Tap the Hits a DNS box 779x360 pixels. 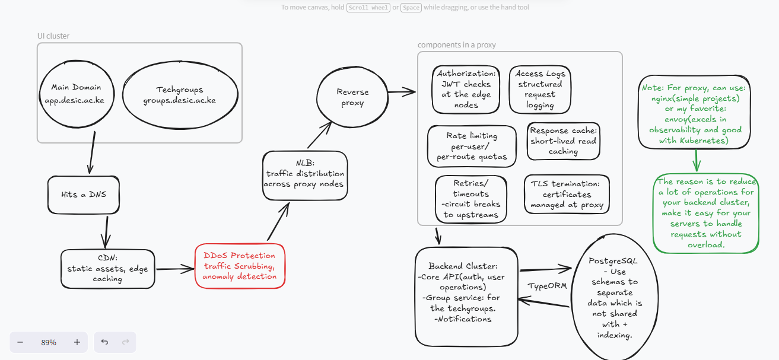[84, 195]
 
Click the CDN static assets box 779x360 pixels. [108, 269]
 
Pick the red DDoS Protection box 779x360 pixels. [240, 266]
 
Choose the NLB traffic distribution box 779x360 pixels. [305, 175]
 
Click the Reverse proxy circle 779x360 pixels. [352, 97]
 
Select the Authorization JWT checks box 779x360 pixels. [466, 90]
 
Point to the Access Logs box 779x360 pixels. [540, 90]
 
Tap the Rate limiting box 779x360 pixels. [472, 146]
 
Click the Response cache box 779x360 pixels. [564, 141]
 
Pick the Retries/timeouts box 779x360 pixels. [471, 199]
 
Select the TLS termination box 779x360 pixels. [567, 195]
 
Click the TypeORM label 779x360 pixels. [547, 286]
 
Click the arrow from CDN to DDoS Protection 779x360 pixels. [175, 269]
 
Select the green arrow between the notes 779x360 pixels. [696, 160]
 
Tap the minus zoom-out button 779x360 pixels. [20, 342]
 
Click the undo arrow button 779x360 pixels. [104, 342]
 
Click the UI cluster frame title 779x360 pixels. [53, 36]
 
